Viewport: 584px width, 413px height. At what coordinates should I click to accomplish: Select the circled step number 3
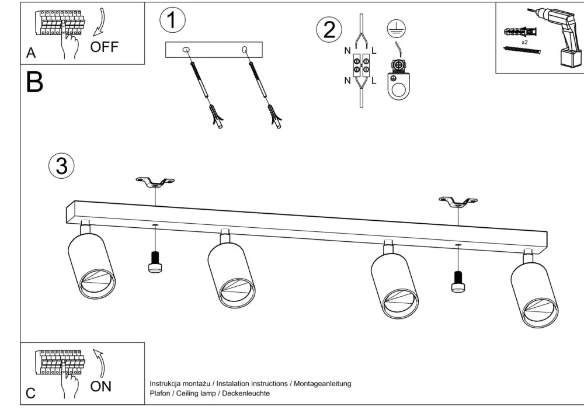[61, 166]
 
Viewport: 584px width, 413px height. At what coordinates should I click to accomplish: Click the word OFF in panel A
[103, 47]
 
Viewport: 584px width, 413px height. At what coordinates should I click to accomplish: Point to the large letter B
[34, 83]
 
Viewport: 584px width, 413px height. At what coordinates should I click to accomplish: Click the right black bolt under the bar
[458, 280]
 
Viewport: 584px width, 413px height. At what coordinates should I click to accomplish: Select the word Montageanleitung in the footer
[322, 384]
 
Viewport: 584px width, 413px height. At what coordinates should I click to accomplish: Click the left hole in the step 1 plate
[187, 50]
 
